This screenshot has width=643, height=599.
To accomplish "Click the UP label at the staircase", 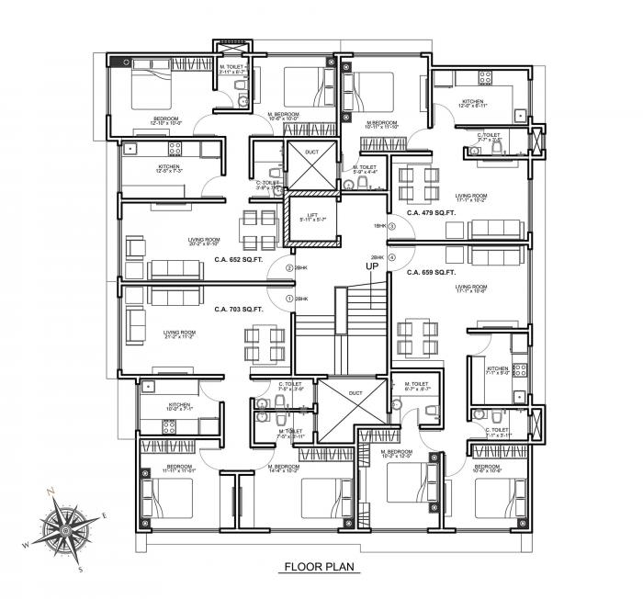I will [x=373, y=266].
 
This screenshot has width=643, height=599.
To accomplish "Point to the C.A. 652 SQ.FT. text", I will [x=239, y=260].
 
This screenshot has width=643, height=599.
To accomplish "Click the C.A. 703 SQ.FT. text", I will [x=239, y=310].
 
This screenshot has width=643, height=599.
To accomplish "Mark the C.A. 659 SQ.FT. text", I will [x=433, y=273].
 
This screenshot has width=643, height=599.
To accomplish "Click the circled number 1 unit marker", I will [x=289, y=299].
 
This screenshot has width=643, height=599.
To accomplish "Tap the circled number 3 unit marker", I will [x=392, y=226].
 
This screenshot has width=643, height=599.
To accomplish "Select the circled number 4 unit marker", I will [x=392, y=258].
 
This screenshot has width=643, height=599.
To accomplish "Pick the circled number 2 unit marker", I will [x=289, y=268].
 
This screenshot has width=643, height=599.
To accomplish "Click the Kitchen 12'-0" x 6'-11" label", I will [x=472, y=105].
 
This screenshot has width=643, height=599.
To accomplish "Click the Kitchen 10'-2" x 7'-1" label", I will [x=179, y=407].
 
